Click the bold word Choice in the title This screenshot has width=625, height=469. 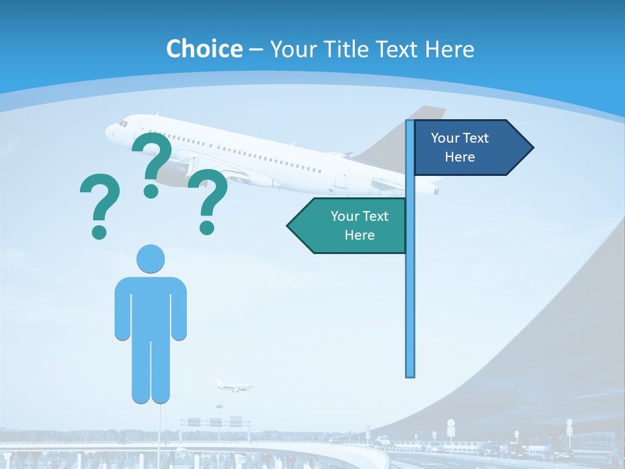pyautogui.click(x=204, y=49)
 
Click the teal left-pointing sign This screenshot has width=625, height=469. pyautogui.click(x=352, y=225)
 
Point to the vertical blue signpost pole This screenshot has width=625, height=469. pyautogui.click(x=410, y=293)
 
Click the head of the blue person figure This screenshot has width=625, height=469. pyautogui.click(x=150, y=259)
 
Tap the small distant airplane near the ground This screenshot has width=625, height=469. pyautogui.click(x=233, y=385)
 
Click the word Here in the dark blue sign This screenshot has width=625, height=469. pyautogui.click(x=460, y=157)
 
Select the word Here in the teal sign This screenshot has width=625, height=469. pyautogui.click(x=359, y=235)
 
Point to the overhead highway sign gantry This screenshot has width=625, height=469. pyautogui.click(x=215, y=421)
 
